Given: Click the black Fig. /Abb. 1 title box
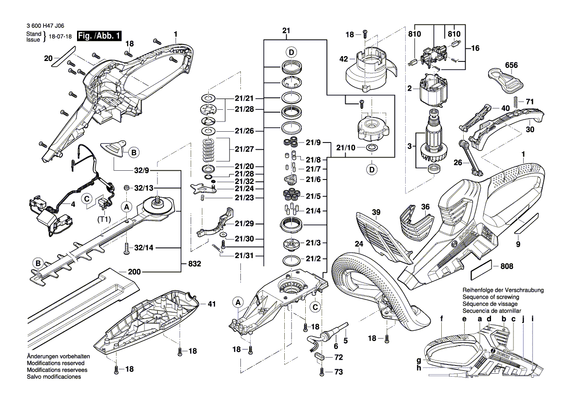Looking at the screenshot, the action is point(99,36).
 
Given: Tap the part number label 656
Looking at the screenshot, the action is point(511,65).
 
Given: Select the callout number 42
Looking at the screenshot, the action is point(344,59).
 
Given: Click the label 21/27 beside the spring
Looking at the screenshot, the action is point(244,149).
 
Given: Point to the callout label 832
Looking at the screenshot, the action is point(195,263).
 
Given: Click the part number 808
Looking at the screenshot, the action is point(507,266).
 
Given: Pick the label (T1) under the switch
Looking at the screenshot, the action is point(104,220).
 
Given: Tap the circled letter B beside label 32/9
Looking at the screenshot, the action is point(134,153).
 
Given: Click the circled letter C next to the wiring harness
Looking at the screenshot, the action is point(87,199).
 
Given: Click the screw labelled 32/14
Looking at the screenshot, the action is point(126,249).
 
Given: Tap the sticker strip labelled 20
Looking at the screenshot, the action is point(62,57).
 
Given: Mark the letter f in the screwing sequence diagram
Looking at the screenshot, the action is point(442,319).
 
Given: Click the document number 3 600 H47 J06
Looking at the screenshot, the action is point(45,26).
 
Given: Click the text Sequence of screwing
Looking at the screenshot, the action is point(491,297).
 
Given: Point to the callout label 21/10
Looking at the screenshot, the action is point(346,148).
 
